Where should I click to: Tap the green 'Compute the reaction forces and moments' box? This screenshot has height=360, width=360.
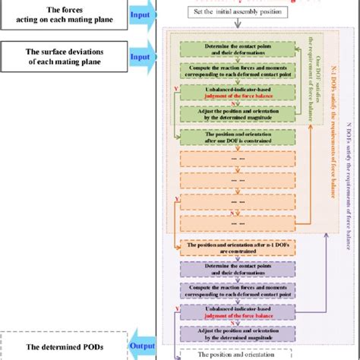(x=232, y=72)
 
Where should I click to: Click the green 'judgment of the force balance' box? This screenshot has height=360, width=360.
(x=232, y=93)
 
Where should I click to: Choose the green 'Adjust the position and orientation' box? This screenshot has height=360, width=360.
(x=232, y=115)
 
